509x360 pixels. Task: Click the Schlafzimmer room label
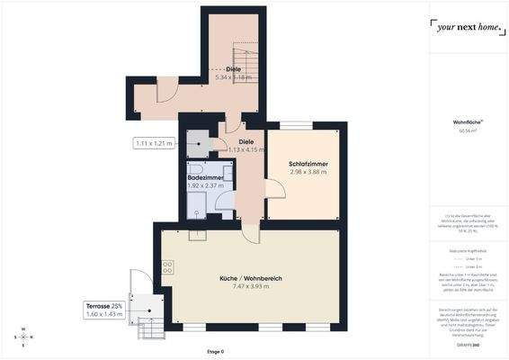pyautogui.click(x=308, y=163)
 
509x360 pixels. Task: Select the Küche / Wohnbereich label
pyautogui.click(x=252, y=279)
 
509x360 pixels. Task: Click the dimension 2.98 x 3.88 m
pyautogui.click(x=308, y=171)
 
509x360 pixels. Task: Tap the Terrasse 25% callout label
pyautogui.click(x=104, y=305)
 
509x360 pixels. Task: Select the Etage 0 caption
pyautogui.click(x=215, y=351)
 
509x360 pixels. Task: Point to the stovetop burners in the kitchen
pyautogui.click(x=166, y=265)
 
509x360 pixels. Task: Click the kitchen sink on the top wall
pyautogui.click(x=197, y=236)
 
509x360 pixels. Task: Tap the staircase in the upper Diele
pyautogui.click(x=246, y=58)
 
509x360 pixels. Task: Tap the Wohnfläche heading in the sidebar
pyautogui.click(x=467, y=121)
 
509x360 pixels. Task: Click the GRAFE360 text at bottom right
pyautogui.click(x=467, y=345)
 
